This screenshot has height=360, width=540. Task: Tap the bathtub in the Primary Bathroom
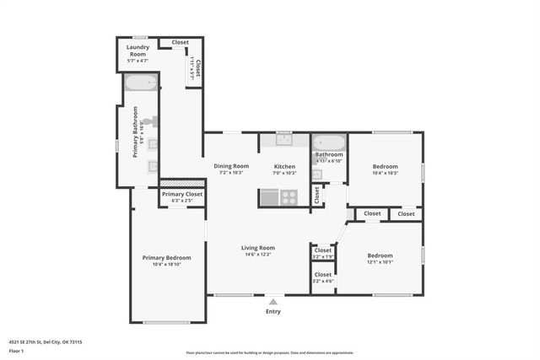pyautogui.click(x=140, y=83)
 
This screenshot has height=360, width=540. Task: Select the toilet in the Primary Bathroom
pyautogui.click(x=151, y=122)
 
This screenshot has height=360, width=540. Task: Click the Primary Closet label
pyautogui.click(x=182, y=194)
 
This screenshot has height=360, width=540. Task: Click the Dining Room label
pyautogui.click(x=230, y=166)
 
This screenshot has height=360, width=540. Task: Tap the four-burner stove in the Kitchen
pyautogui.click(x=289, y=197)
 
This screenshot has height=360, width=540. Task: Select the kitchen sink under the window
pyautogui.click(x=283, y=140)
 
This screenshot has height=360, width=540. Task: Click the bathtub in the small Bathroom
pyautogui.click(x=329, y=142)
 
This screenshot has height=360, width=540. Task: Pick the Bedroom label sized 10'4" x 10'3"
pyautogui.click(x=385, y=167)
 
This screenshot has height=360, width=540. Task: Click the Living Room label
pyautogui.click(x=257, y=247)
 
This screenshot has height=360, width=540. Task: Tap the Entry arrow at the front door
pyautogui.click(x=273, y=300)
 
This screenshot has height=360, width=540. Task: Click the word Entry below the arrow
pyautogui.click(x=273, y=311)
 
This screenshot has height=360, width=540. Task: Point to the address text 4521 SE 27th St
pyautogui.click(x=34, y=342)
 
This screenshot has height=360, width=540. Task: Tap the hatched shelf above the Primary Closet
pyautogui.click(x=182, y=182)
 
